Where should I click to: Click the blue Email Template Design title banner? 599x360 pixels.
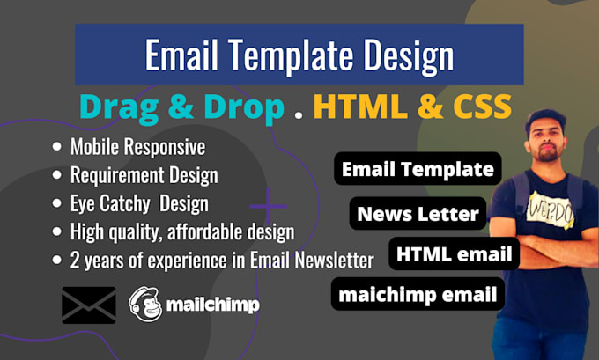pyautogui.click(x=299, y=55)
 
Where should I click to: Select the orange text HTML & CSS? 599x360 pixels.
pyautogui.click(x=412, y=107)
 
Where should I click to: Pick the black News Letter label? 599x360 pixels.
pyautogui.click(x=418, y=212)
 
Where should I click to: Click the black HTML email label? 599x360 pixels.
pyautogui.click(x=454, y=253)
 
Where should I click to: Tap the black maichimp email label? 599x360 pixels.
pyautogui.click(x=418, y=294)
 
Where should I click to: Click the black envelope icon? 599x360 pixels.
pyautogui.click(x=89, y=305)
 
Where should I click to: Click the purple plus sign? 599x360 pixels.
pyautogui.click(x=270, y=209)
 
